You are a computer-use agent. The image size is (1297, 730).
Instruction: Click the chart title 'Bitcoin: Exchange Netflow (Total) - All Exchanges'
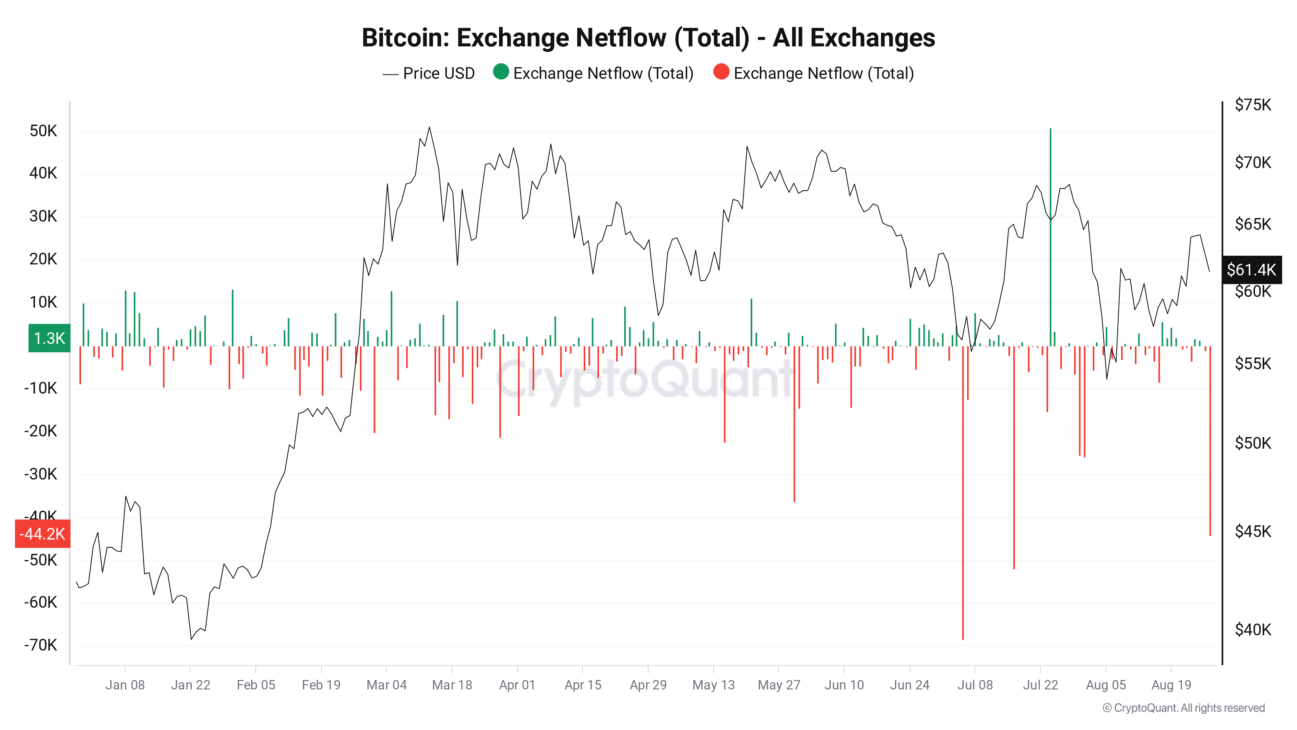pos(648,38)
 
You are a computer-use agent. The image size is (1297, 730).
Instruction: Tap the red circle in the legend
pos(721,72)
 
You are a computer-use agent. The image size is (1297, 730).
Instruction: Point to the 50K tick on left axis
pos(43,131)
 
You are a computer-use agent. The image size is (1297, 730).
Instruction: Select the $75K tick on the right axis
pos(1252,105)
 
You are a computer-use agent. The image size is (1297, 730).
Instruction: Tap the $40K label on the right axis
pos(1252,630)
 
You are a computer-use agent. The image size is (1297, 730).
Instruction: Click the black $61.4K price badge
pos(1251,270)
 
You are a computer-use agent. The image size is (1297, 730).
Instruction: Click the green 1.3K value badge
pos(49,338)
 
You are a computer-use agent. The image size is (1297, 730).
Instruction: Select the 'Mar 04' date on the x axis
pos(386,685)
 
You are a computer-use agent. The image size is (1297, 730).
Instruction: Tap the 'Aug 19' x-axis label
pos(1171,685)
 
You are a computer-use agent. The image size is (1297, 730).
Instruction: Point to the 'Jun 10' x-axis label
pos(844,685)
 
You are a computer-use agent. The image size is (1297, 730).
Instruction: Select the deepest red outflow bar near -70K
pos(963,504)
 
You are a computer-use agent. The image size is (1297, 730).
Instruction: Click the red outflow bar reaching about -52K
pos(1014,464)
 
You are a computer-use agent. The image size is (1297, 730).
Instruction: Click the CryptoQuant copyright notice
pos(1183,708)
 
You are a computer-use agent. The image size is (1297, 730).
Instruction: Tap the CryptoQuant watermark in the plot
pos(645,380)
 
